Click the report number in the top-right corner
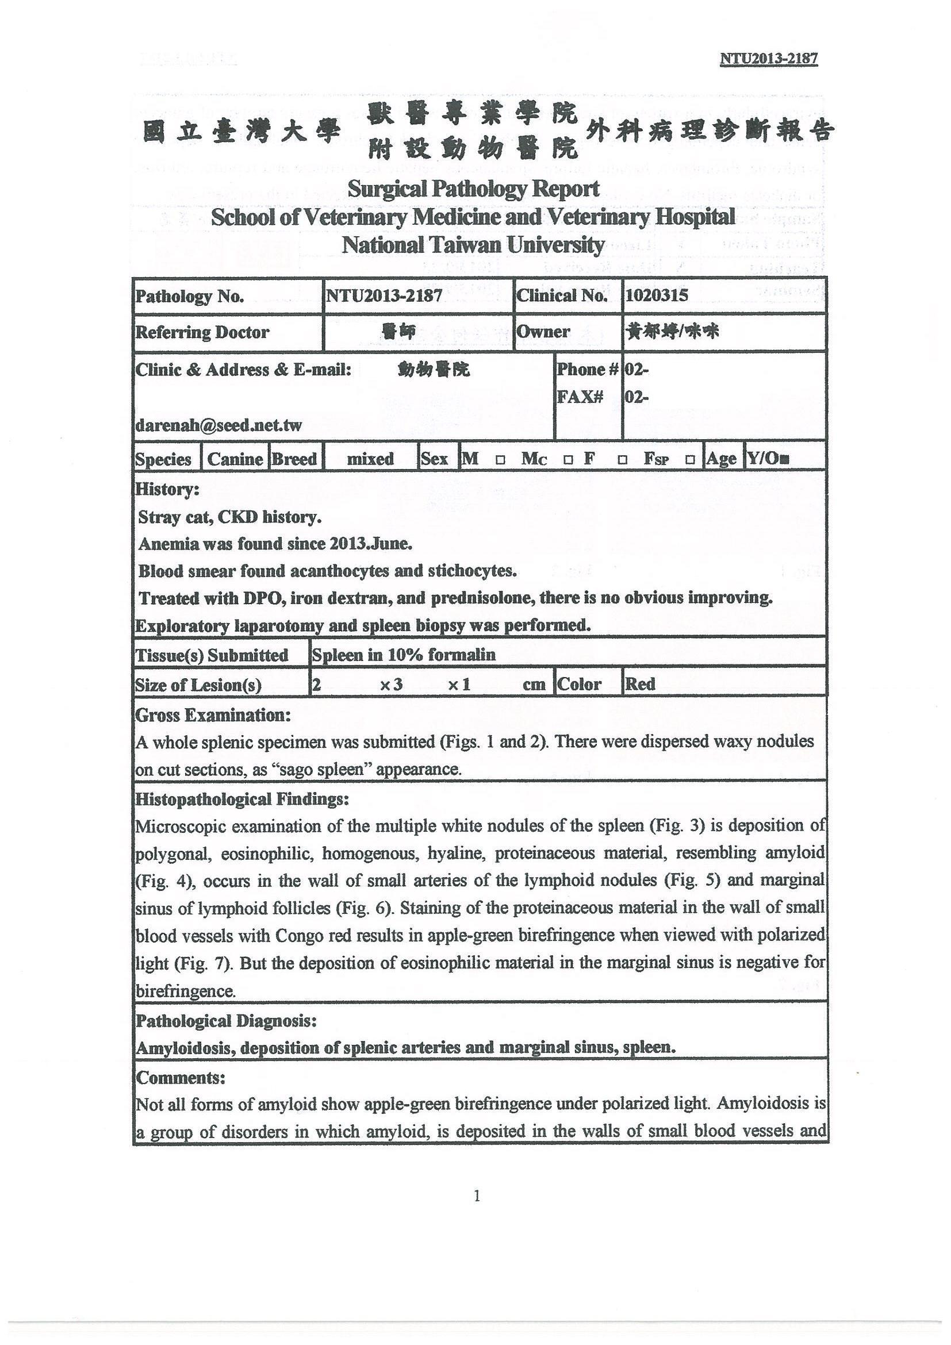768,59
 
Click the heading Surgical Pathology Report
473,189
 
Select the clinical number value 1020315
656,295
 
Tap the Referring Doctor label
202,332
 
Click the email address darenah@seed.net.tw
218,425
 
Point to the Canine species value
235,459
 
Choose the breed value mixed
370,459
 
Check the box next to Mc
568,460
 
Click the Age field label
722,459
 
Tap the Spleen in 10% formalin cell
404,654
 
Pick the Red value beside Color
640,683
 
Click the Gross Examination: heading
213,714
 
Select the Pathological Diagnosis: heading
226,1021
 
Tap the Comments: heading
181,1077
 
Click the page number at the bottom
477,1196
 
